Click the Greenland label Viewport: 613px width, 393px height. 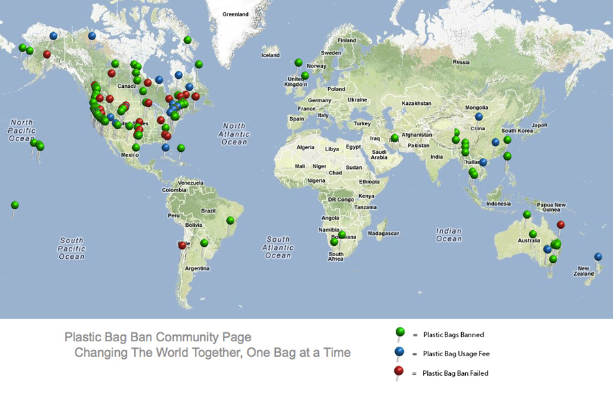point(236,14)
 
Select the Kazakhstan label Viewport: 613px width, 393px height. point(416,103)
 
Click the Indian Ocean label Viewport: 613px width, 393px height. point(449,235)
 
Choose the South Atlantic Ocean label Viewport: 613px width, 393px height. point(278,247)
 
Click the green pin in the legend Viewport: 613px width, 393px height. point(400,332)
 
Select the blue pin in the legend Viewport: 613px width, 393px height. point(400,351)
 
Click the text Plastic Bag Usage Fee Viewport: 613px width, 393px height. point(456,353)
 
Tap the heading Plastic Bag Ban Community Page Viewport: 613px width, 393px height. point(158,337)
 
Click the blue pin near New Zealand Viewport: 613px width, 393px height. point(598,257)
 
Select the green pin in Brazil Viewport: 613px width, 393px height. point(231,220)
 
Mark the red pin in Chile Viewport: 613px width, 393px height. point(182,245)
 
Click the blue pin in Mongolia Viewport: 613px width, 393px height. point(480,116)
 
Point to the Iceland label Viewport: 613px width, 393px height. point(270,55)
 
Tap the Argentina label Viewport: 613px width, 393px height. point(197,268)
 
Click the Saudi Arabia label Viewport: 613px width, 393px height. point(379,154)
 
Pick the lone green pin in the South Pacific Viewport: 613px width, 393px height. point(15,205)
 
